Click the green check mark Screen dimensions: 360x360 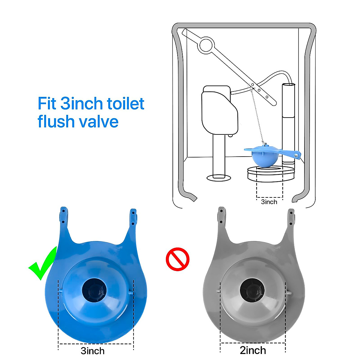pyautogui.click(x=42, y=264)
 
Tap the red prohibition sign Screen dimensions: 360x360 pyautogui.click(x=178, y=259)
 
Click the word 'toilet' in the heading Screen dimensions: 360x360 pyautogui.click(x=126, y=103)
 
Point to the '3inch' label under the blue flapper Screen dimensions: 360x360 pyautogui.click(x=93, y=351)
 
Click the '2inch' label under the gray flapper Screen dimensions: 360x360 pyautogui.click(x=253, y=350)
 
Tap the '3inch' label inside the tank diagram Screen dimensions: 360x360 pyautogui.click(x=269, y=202)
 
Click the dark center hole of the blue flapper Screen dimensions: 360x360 pyautogui.click(x=94, y=290)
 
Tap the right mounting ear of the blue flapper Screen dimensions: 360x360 pyautogui.click(x=133, y=217)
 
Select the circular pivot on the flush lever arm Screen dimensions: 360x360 pyautogui.click(x=207, y=45)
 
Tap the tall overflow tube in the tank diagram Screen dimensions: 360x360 pyautogui.click(x=289, y=120)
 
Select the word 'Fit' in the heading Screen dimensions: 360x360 pyautogui.click(x=47, y=103)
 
